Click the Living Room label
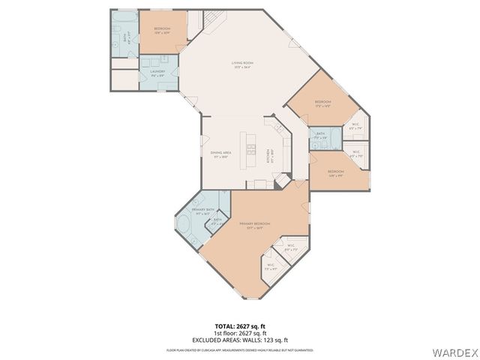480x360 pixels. pos(241,65)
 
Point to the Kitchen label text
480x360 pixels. pos(271,156)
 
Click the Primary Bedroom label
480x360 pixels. pos(255,226)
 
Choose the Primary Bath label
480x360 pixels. pos(204,211)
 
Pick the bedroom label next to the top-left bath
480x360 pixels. pos(162,31)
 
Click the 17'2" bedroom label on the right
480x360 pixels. pos(322,103)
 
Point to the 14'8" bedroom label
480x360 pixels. pos(335,174)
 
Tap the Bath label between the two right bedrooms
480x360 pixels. pos(320,136)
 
